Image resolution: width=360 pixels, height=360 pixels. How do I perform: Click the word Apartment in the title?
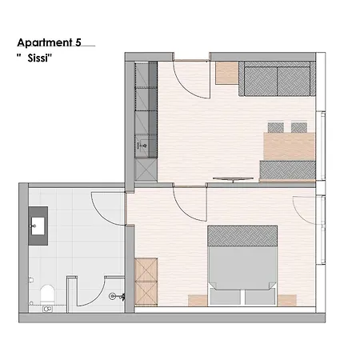tap(45, 42)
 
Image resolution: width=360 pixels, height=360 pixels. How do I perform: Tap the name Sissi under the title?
tap(39, 58)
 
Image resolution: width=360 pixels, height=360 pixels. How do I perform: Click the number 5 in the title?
tap(78, 42)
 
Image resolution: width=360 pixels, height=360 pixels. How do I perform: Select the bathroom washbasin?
tap(38, 226)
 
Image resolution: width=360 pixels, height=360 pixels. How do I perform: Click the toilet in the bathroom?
tap(47, 294)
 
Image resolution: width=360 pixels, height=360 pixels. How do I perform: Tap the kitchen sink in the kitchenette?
tap(142, 146)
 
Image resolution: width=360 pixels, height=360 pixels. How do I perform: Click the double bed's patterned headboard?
tap(242, 236)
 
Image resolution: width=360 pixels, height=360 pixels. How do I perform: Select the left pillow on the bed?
tap(225, 297)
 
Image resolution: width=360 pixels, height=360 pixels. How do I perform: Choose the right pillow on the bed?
tap(260, 297)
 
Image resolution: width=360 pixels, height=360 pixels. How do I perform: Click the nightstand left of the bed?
tap(198, 301)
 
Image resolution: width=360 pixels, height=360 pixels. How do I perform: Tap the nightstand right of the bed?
tap(287, 301)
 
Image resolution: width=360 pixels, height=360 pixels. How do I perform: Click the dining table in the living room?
tap(290, 146)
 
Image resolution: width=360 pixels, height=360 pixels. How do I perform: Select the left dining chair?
tap(276, 127)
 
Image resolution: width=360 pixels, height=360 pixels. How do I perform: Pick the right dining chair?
tap(299, 127)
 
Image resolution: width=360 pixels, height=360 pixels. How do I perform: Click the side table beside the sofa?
tap(227, 73)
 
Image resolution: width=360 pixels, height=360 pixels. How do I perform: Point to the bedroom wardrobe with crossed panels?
tap(146, 282)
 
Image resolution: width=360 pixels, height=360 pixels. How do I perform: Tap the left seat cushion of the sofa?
tap(261, 82)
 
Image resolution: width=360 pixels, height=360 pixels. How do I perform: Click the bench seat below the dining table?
tap(287, 170)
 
